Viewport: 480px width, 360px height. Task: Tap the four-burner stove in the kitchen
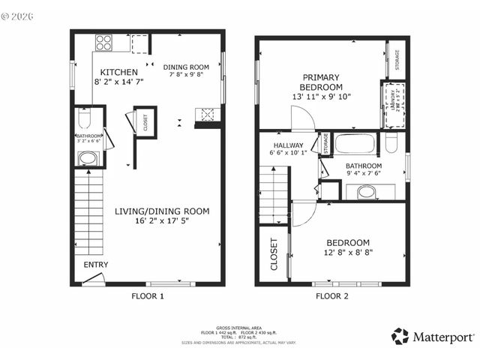(x=103, y=43)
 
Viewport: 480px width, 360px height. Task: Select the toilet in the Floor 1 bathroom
(x=84, y=120)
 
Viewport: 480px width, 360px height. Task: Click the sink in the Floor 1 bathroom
(x=88, y=158)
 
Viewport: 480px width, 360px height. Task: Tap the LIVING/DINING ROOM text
(x=162, y=211)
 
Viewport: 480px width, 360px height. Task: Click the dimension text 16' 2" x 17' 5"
(x=162, y=221)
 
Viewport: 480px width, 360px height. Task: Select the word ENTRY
(x=95, y=265)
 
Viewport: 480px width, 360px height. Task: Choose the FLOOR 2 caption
(x=331, y=296)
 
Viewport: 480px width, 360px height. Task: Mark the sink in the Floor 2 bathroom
(x=366, y=192)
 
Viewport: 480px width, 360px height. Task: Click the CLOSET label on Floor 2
(x=274, y=254)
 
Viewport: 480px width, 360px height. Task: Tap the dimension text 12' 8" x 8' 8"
(x=347, y=252)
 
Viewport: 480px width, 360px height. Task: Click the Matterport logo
(x=432, y=337)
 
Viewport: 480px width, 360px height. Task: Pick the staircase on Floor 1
(x=88, y=214)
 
